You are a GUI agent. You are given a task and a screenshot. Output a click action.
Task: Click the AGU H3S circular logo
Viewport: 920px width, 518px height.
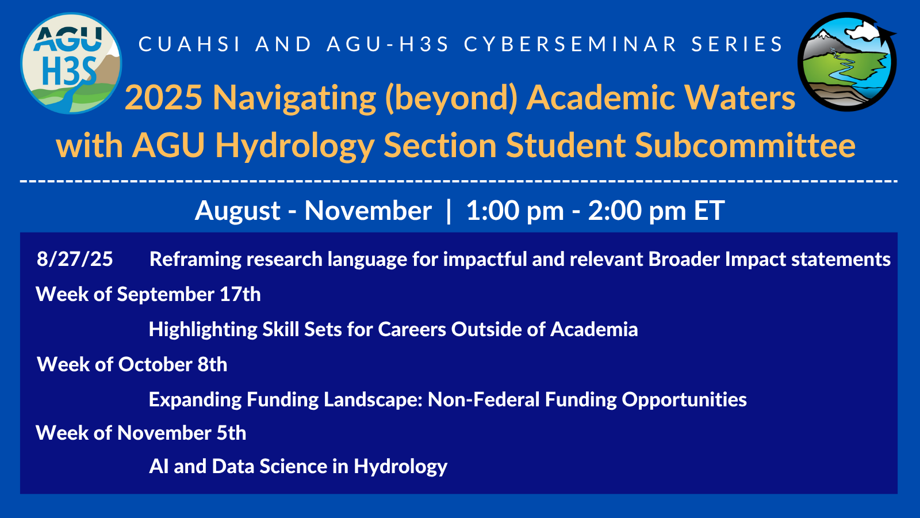click(71, 63)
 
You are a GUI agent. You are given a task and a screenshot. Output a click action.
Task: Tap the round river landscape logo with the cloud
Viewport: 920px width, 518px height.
click(847, 62)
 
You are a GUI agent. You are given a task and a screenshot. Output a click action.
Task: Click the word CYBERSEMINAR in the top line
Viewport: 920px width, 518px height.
click(570, 44)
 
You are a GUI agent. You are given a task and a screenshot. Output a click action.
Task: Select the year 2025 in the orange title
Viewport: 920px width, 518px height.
click(164, 97)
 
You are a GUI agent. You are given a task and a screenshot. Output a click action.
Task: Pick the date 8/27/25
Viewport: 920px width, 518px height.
click(75, 260)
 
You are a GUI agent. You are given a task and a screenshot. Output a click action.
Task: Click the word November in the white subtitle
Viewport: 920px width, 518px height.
click(368, 211)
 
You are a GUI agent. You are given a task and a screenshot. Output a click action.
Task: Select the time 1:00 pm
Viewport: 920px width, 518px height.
click(515, 211)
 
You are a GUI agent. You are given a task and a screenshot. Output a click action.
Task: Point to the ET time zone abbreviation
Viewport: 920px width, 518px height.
click(709, 211)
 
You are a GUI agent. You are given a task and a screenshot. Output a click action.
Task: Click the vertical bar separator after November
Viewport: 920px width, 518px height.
click(449, 211)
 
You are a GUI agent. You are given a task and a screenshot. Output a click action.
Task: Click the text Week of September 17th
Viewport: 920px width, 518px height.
click(148, 294)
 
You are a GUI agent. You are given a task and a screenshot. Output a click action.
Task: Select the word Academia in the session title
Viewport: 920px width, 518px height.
click(594, 329)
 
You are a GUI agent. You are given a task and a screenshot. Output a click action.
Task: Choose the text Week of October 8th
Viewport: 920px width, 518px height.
click(132, 365)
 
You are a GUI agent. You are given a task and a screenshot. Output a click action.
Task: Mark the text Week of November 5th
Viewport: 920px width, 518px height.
click(141, 433)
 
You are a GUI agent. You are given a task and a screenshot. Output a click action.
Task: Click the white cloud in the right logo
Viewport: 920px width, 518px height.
click(862, 31)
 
